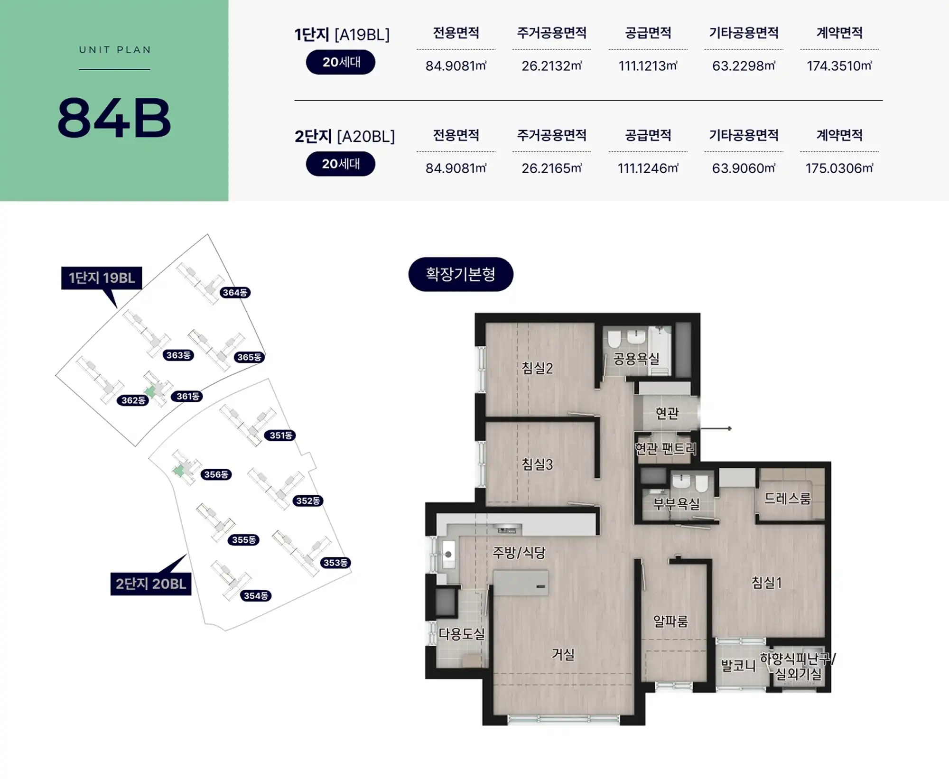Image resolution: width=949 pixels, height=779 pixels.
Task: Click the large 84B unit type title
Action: [x=114, y=118]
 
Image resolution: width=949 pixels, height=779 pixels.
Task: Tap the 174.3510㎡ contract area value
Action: [x=839, y=65]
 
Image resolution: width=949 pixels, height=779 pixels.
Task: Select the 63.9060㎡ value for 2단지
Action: [x=744, y=168]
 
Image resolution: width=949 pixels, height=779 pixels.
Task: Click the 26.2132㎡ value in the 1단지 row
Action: [x=551, y=65]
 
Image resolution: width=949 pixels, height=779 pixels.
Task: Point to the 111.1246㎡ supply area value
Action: [x=648, y=168]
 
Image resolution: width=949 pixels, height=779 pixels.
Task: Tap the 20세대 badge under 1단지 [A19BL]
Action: [x=341, y=62]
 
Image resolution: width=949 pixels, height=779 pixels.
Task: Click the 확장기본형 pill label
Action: [x=461, y=274]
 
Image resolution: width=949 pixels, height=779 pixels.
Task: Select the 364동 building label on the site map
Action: [x=235, y=292]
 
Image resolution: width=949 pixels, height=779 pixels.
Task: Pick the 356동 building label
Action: [x=216, y=474]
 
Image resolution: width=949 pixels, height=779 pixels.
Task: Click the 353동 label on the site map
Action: [x=335, y=563]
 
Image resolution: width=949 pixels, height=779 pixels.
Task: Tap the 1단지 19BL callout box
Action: [x=102, y=278]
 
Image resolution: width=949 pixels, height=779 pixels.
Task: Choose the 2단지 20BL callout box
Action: [x=151, y=584]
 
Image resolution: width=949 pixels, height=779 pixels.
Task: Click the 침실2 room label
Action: [x=537, y=368]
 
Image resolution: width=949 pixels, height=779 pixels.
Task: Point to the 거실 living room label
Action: [x=563, y=654]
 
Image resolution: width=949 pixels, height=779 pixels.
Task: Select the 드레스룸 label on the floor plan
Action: [x=788, y=498]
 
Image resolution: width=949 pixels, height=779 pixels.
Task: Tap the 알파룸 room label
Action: [x=670, y=621]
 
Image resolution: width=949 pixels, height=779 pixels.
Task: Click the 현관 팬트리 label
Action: [x=666, y=448]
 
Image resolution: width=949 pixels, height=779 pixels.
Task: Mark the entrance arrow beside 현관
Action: [x=716, y=428]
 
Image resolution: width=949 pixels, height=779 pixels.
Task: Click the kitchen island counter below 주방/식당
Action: [x=521, y=583]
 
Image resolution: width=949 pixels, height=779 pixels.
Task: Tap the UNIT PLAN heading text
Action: [x=115, y=50]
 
